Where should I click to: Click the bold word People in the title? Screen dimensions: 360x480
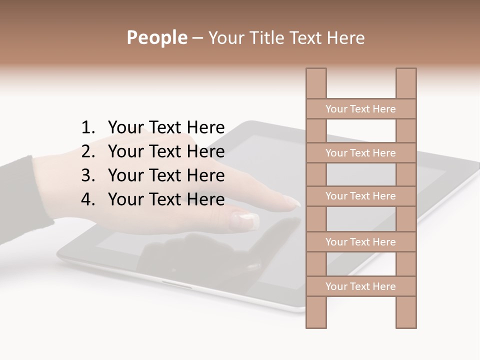(x=156, y=37)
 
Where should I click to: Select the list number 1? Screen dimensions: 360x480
(x=88, y=128)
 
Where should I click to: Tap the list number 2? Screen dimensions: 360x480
(x=88, y=151)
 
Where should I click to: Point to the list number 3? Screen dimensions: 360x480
(x=88, y=175)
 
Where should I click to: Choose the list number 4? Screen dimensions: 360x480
(x=88, y=199)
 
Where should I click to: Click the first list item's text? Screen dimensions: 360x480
(x=166, y=128)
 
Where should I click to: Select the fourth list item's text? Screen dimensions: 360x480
(x=166, y=199)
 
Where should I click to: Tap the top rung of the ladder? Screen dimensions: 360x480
(x=360, y=109)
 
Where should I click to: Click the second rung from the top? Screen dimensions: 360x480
(x=360, y=153)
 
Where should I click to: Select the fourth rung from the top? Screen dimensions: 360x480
(x=360, y=242)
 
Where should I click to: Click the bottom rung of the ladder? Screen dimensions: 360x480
(x=360, y=286)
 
